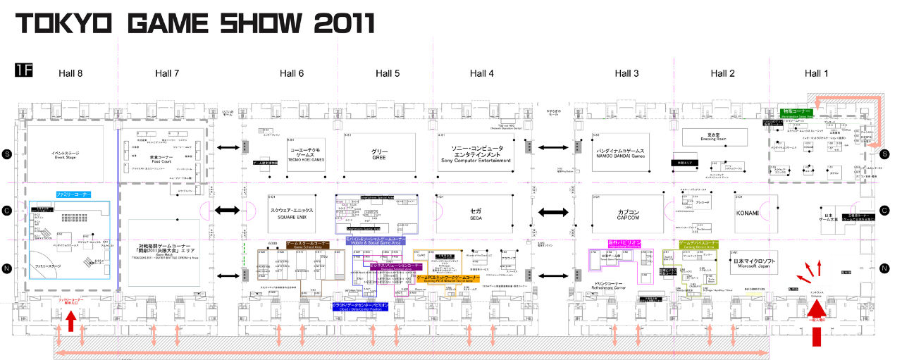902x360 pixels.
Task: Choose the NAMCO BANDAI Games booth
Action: pos(621,153)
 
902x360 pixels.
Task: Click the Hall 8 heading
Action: pos(70,73)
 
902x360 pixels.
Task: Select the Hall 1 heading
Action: pos(816,73)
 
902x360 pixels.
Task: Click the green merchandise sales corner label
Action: pos(796,112)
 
